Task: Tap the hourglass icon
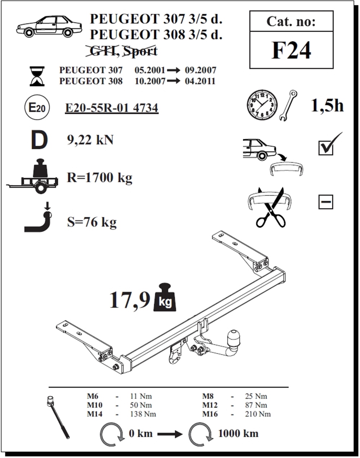click(37, 76)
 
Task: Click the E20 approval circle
click(37, 107)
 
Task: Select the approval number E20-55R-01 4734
click(112, 108)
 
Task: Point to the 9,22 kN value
click(90, 140)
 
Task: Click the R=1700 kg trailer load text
click(100, 178)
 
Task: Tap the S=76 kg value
click(92, 222)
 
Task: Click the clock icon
click(262, 105)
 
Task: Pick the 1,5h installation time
click(327, 105)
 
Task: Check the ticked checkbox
click(326, 148)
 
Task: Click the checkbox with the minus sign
click(326, 202)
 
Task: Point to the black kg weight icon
click(165, 297)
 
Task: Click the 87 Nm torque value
click(256, 405)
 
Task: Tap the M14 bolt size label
click(95, 414)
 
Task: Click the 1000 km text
click(238, 434)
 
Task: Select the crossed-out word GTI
click(103, 51)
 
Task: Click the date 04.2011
click(200, 81)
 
